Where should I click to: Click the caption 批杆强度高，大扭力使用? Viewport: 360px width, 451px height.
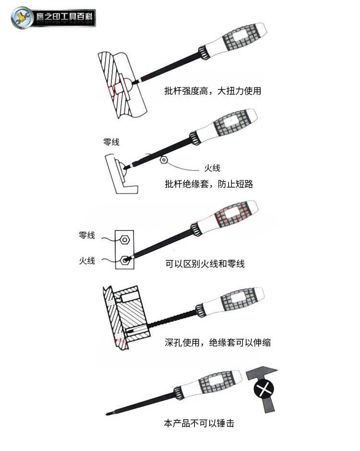click(213, 91)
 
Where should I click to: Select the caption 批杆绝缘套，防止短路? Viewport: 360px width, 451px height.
click(209, 184)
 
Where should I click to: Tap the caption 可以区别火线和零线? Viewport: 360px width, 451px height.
click(204, 264)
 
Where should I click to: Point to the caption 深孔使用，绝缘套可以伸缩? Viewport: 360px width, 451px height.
click(217, 342)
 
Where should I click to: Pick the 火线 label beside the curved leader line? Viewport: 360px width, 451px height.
click(212, 168)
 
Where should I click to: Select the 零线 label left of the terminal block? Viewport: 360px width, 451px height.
click(87, 235)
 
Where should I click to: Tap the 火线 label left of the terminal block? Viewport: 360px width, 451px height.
click(87, 261)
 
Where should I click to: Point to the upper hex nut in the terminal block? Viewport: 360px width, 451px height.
click(125, 239)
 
